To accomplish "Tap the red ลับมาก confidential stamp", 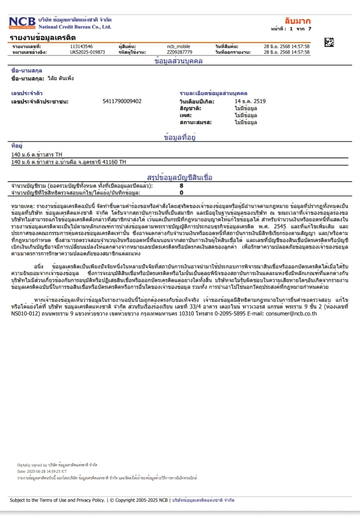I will pyautogui.click(x=298, y=21).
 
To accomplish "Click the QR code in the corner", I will pyautogui.click(x=329, y=42).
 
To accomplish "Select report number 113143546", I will pyautogui.click(x=81, y=47).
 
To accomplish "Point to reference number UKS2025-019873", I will pyautogui.click(x=87, y=52).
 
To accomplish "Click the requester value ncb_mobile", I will pyautogui.click(x=179, y=47).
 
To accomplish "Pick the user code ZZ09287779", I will pyautogui.click(x=179, y=52).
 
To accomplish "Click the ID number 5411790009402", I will pyautogui.click(x=122, y=101).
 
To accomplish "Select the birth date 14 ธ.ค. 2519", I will pyautogui.click(x=250, y=101).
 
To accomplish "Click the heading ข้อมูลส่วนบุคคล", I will pyautogui.click(x=179, y=62).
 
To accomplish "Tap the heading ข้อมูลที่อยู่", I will pyautogui.click(x=180, y=138).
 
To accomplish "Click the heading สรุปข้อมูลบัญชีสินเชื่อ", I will pyautogui.click(x=180, y=177).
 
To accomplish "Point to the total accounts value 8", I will pyautogui.click(x=181, y=186).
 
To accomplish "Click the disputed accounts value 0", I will pyautogui.click(x=181, y=192).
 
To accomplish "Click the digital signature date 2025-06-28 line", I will pyautogui.click(x=42, y=471).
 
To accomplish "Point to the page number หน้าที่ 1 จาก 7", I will pyautogui.click(x=292, y=29).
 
